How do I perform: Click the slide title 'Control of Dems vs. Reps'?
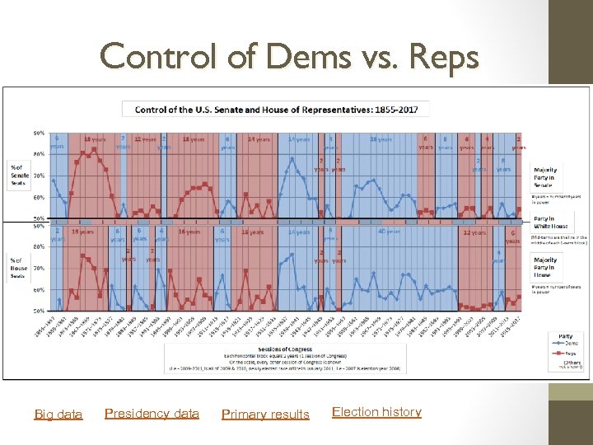pos(288,57)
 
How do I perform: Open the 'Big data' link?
pos(58,414)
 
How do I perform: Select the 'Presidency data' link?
pos(152,413)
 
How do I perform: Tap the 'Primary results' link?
pos(265,414)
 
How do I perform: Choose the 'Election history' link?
pos(376,411)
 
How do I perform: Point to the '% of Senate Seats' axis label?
pos(19,175)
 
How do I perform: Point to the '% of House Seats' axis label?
pos(19,268)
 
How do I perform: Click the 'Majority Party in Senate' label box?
pos(544,177)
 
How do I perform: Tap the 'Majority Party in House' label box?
pos(544,268)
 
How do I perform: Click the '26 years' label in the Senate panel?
pos(381,139)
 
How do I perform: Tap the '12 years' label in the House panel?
pos(474,233)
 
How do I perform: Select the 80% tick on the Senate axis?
pos(39,154)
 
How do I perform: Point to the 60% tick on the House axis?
pos(39,289)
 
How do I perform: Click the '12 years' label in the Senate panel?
pos(144,139)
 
